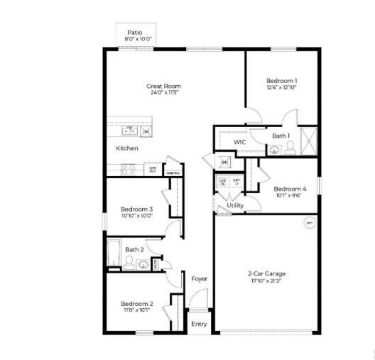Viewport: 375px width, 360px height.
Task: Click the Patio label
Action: [x=134, y=33]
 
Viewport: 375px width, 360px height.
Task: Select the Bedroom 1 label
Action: [x=282, y=81]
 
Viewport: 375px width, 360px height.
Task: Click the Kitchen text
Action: [x=127, y=148]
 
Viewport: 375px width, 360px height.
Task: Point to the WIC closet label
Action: [x=240, y=142]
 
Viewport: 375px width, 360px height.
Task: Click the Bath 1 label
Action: [x=281, y=136]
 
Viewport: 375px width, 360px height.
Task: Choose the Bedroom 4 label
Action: [x=290, y=189]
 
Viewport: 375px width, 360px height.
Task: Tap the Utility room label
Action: [x=235, y=205]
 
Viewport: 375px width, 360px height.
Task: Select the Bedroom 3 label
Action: [x=136, y=209]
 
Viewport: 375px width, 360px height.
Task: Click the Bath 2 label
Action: [x=135, y=249]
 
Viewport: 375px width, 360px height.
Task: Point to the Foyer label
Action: [x=200, y=278]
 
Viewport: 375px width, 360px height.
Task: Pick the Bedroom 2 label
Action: [x=136, y=303]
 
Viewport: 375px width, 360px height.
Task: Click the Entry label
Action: [x=199, y=324]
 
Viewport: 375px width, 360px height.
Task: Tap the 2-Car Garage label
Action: [x=266, y=273]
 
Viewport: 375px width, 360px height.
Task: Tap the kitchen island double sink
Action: [x=129, y=131]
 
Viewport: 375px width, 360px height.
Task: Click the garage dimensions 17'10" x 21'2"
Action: [x=266, y=281]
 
